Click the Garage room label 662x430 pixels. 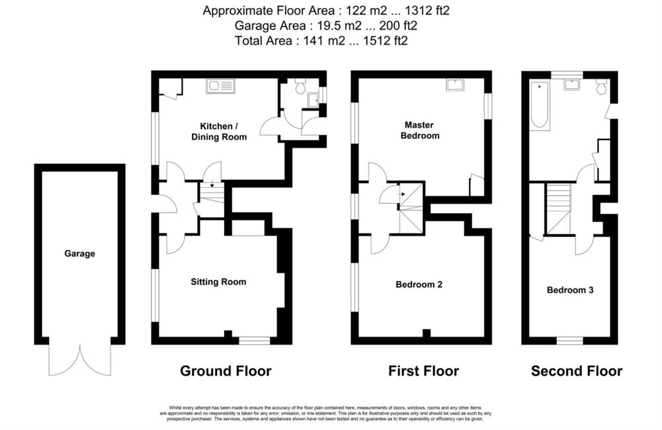79,253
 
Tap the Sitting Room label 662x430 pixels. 218,282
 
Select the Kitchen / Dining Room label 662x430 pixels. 219,132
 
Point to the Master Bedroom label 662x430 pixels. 420,130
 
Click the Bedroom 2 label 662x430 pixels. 419,284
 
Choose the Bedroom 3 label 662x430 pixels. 570,290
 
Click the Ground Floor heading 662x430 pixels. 226,371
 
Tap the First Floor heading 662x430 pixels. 423,371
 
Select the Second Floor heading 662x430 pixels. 576,371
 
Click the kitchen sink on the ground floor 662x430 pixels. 220,86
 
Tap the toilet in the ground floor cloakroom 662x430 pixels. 301,86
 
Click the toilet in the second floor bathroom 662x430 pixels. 602,86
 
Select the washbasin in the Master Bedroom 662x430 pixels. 455,85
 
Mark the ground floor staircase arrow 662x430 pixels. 212,184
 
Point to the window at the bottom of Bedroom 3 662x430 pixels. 569,341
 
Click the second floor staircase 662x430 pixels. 559,208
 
